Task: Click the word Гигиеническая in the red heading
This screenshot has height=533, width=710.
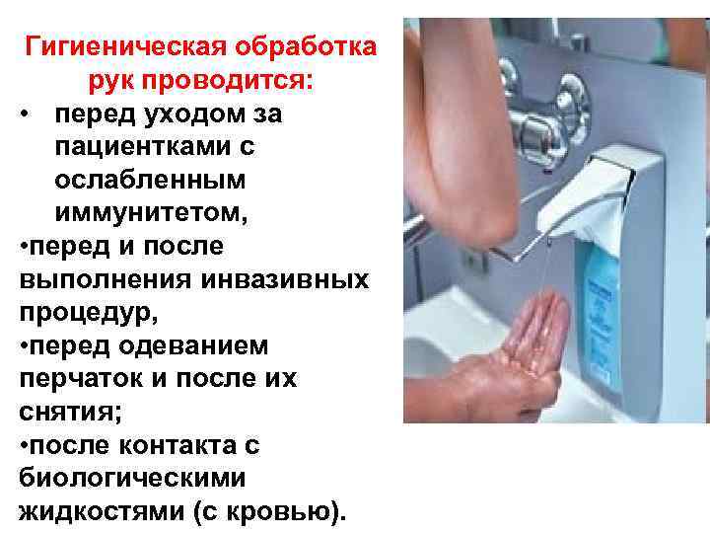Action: click(125, 46)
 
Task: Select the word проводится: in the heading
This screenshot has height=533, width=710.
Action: click(228, 82)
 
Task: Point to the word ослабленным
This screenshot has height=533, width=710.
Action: click(150, 180)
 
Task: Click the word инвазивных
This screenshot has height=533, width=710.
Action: click(285, 279)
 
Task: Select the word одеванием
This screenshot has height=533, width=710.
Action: click(194, 345)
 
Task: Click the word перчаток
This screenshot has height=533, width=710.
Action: click(81, 380)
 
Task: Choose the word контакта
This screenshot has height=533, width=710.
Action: click(177, 445)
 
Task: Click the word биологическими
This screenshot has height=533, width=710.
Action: click(132, 478)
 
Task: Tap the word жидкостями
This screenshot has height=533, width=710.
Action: click(102, 511)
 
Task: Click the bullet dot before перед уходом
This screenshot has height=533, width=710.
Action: click(25, 113)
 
